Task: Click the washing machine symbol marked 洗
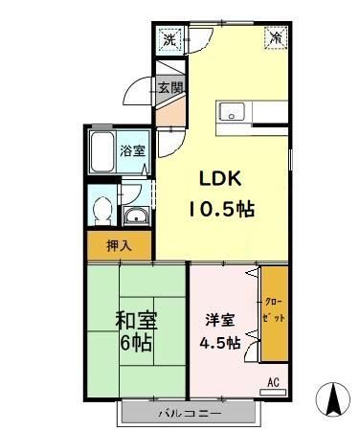pyautogui.click(x=169, y=40)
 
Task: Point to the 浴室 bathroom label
pyautogui.click(x=132, y=150)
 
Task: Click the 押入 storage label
pyautogui.click(x=119, y=246)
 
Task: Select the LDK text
pyautogui.click(x=219, y=177)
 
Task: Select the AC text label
pyautogui.click(x=273, y=383)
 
